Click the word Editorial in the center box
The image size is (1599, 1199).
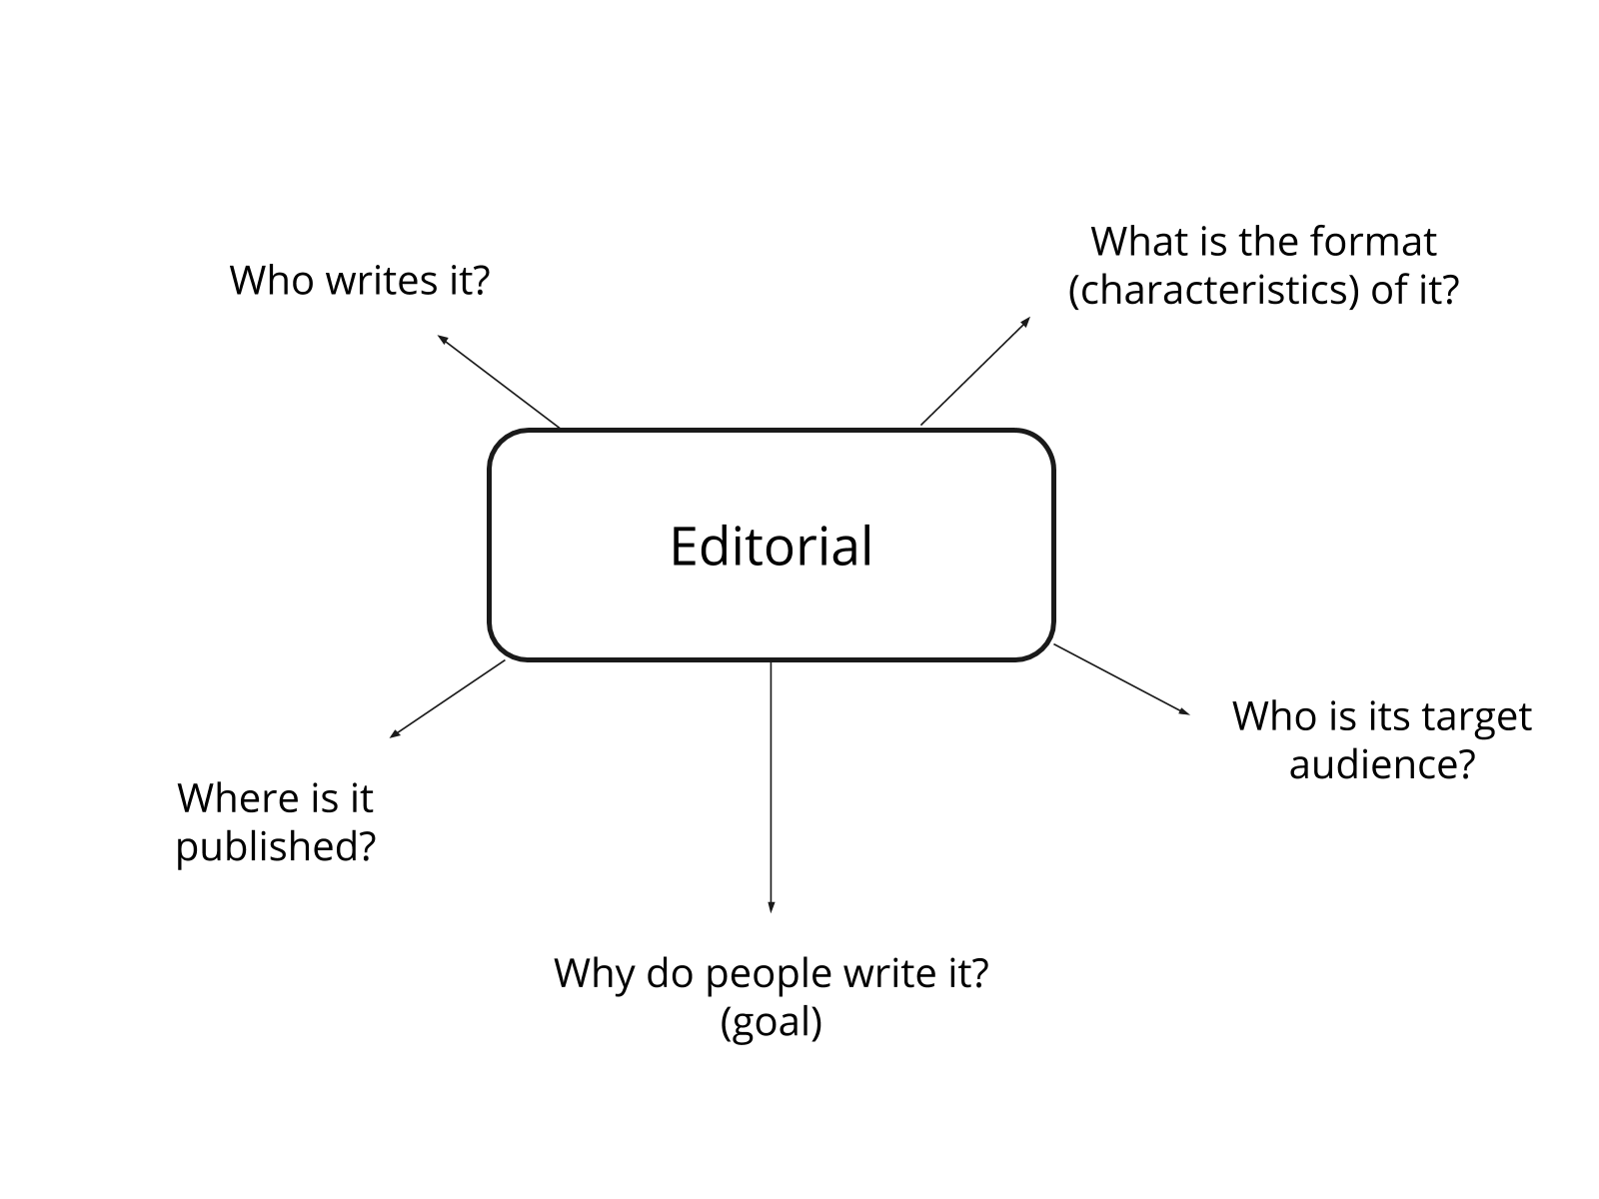771,547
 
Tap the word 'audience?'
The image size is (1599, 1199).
1382,764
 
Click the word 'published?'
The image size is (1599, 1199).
276,846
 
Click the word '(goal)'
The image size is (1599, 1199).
771,1022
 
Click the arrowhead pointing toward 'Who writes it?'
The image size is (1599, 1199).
441,338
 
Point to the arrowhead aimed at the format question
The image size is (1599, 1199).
1026,320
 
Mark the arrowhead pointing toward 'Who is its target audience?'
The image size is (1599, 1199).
1186,712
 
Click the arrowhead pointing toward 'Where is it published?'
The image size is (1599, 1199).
394,734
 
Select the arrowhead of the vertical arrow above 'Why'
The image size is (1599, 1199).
771,907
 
